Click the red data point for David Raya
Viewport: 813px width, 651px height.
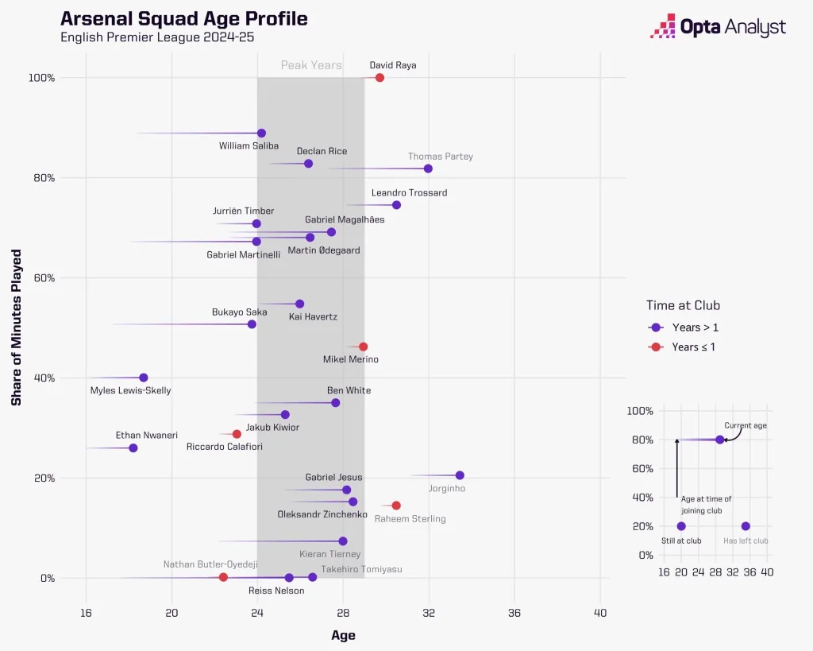(380, 78)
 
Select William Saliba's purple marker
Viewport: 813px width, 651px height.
(261, 134)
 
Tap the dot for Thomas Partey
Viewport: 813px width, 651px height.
(428, 169)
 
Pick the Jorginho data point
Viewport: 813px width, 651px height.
(460, 475)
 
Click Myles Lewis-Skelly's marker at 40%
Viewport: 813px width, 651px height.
(144, 378)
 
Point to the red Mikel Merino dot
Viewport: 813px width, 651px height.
(363, 347)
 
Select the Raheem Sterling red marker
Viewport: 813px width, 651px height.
(396, 506)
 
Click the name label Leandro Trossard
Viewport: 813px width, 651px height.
(409, 192)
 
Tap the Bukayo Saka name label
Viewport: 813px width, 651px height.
(239, 312)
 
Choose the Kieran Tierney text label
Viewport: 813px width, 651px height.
(329, 554)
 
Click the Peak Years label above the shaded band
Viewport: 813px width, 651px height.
(311, 65)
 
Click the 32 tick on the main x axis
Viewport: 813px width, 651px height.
(429, 613)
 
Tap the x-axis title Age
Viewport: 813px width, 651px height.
(343, 635)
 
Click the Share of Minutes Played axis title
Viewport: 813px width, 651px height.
(16, 327)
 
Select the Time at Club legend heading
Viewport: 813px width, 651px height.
(683, 305)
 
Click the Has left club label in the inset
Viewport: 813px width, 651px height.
(746, 541)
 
